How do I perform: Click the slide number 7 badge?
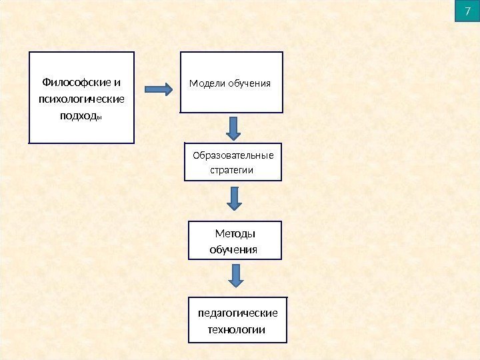[x=467, y=11]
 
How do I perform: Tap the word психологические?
[x=81, y=99]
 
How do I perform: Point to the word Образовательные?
[x=233, y=156]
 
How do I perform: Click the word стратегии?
[x=231, y=169]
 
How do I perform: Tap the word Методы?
[x=236, y=233]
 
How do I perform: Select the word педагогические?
[x=238, y=313]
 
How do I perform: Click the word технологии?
[x=237, y=330]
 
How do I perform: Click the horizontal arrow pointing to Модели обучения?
[x=159, y=89]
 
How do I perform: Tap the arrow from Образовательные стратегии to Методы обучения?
[x=234, y=198]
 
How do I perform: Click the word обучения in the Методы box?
[x=233, y=249]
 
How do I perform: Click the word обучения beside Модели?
[x=249, y=83]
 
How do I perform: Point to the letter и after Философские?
[x=118, y=83]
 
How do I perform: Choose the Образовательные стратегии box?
[x=233, y=162]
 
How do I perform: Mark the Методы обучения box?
[x=235, y=241]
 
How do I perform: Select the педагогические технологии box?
[x=237, y=321]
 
